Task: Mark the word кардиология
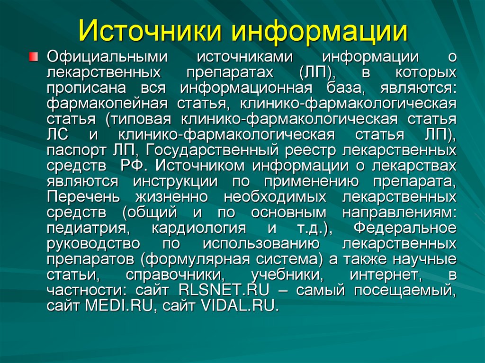[198, 228]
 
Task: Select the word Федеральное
[405, 228]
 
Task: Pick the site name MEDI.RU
[121, 305]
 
